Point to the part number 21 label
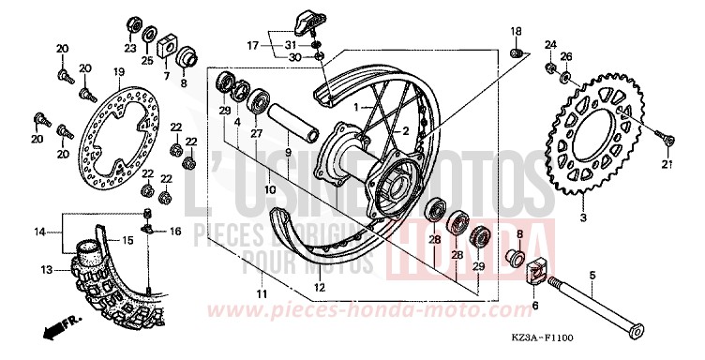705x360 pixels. pyautogui.click(x=668, y=166)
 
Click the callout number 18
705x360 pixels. pyautogui.click(x=516, y=33)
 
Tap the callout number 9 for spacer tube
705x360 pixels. pyautogui.click(x=288, y=153)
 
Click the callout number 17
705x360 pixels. pyautogui.click(x=252, y=45)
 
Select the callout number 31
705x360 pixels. pyautogui.click(x=291, y=45)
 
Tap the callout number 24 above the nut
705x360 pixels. pyautogui.click(x=551, y=44)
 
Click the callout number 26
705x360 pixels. pyautogui.click(x=566, y=56)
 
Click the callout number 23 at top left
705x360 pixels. pyautogui.click(x=130, y=47)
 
